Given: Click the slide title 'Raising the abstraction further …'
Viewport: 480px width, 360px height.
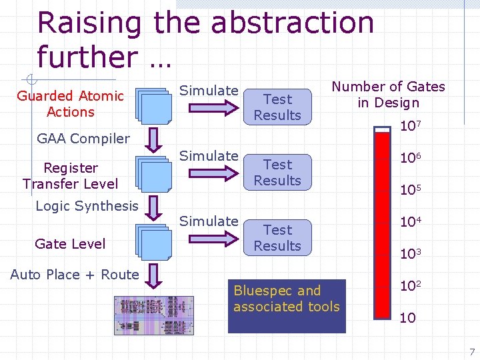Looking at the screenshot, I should point(205,40).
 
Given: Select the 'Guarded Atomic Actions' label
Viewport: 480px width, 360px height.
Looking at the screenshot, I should point(71,104).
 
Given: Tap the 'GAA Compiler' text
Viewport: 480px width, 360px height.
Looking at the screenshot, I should point(83,139).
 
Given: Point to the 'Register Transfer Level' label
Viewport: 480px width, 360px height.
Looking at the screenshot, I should point(70,176).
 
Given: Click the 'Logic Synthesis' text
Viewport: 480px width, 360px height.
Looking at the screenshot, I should point(87,206).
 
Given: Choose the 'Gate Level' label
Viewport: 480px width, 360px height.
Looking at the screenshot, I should point(70,244).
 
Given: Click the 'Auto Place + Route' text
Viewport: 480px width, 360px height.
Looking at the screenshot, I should point(75,275).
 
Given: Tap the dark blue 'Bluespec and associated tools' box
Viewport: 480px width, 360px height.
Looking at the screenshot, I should point(287,306).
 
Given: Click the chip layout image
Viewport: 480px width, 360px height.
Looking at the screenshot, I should point(154,315).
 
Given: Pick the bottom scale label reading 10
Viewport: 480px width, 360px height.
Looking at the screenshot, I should point(407,318).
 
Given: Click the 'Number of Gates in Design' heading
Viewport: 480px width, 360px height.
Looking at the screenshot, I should point(389,95).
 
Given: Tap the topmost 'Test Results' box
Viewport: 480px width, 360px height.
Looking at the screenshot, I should point(277,107).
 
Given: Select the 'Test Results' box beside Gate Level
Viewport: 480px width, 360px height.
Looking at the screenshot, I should point(277,238).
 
